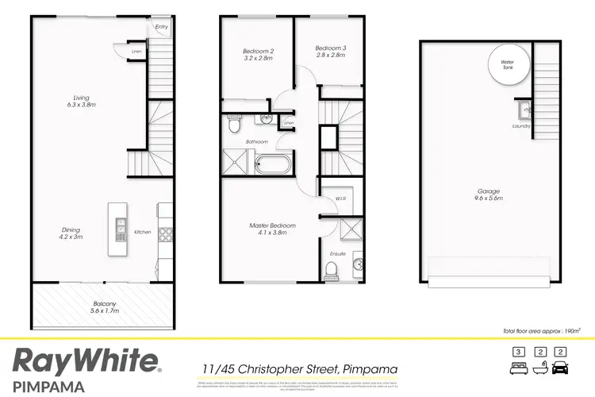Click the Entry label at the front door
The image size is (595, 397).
[x=162, y=26]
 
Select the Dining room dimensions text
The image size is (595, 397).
[x=71, y=237]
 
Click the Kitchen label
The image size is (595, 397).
[x=142, y=232]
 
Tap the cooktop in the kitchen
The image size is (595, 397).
[x=166, y=233]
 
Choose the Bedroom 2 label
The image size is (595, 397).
[x=257, y=52]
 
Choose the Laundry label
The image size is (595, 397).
[x=520, y=125]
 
